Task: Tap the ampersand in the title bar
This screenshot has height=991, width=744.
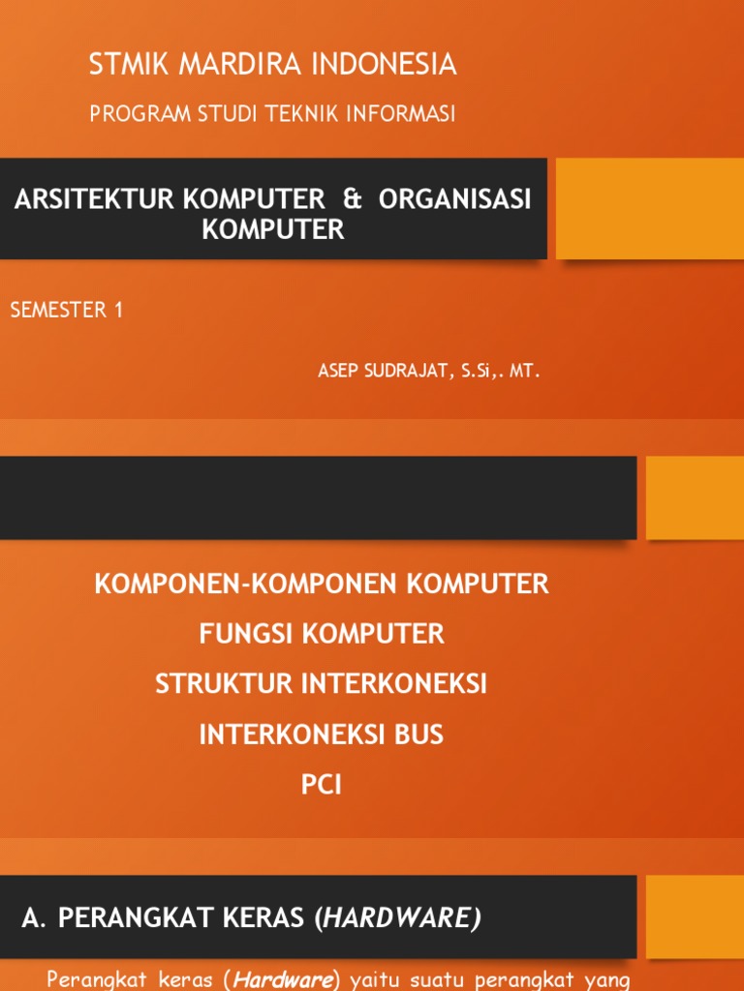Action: [x=352, y=199]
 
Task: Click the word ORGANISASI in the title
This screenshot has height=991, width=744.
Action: [x=455, y=199]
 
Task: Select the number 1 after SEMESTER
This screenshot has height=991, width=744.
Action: [x=118, y=311]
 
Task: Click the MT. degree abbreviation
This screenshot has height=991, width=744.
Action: [x=523, y=372]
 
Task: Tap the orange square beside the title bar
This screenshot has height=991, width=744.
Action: [x=649, y=209]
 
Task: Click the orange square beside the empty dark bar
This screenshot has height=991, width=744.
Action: [x=695, y=497]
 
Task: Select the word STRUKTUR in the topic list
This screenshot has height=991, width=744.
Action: [x=223, y=684]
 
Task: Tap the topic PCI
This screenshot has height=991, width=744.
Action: [x=322, y=785]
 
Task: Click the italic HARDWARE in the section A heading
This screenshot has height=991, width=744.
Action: [x=400, y=919]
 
